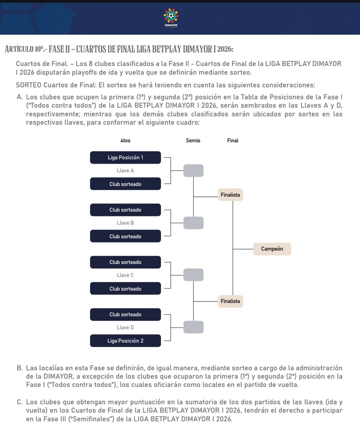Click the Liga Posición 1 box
coord(125,157)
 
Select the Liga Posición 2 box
coord(125,341)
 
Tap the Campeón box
coord(272,249)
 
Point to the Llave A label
coord(125,171)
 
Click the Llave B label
coord(125,223)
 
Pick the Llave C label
coord(125,275)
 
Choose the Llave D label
coord(125,328)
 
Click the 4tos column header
coord(125,141)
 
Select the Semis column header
coord(193,141)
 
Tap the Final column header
coord(232,141)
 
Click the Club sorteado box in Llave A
coord(125,184)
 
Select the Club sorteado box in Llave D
coord(125,315)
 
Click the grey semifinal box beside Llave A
coord(193,171)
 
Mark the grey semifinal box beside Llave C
coord(193,275)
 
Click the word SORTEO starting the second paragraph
coord(28,86)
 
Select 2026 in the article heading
coord(225,49)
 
